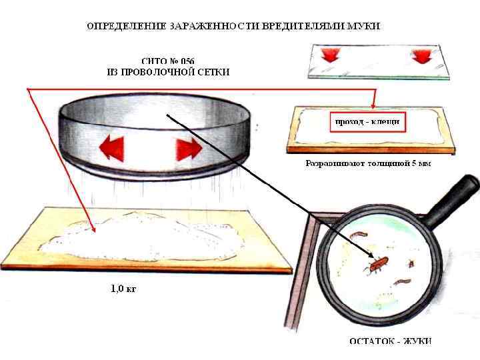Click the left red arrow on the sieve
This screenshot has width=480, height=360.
(111, 147)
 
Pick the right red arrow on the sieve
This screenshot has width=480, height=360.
(189, 149)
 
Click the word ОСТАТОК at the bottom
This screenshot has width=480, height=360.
(373, 341)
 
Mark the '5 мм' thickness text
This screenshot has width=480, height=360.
(421, 164)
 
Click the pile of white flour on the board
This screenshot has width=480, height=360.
(147, 237)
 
